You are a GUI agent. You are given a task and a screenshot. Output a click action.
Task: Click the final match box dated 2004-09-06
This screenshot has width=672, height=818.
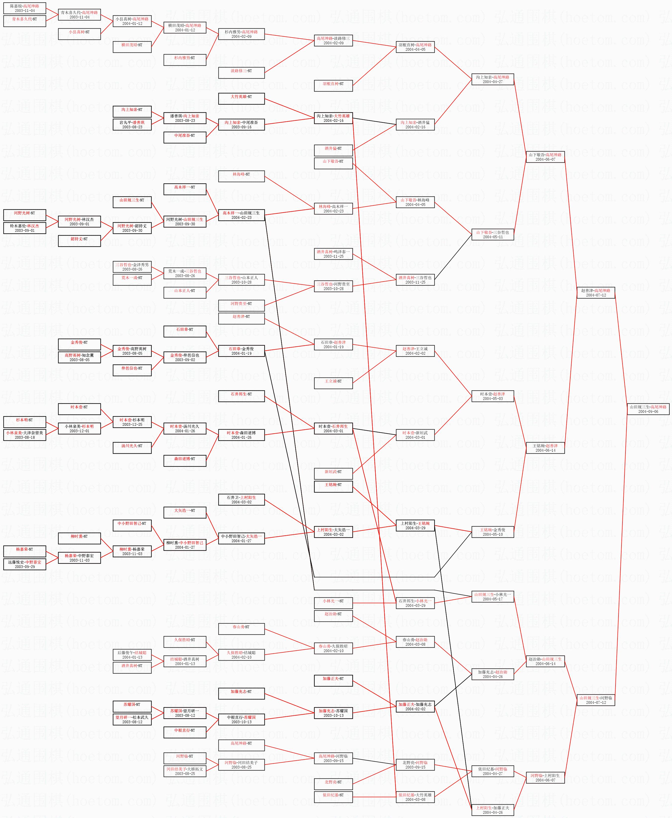tap(648, 409)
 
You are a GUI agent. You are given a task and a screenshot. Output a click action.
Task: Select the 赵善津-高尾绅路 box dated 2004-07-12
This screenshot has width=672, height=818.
tap(595, 292)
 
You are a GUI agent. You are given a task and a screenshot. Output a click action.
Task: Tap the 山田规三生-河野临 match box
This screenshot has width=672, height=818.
tap(595, 700)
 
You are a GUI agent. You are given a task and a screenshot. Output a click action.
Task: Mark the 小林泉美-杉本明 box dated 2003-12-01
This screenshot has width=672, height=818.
tap(79, 428)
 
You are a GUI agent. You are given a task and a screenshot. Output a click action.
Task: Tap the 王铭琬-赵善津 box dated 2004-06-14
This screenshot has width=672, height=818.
tap(545, 448)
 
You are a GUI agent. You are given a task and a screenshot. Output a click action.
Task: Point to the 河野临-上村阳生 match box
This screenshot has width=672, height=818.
tap(545, 778)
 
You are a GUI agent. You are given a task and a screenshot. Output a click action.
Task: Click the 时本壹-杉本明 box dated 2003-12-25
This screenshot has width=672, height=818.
tap(132, 422)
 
